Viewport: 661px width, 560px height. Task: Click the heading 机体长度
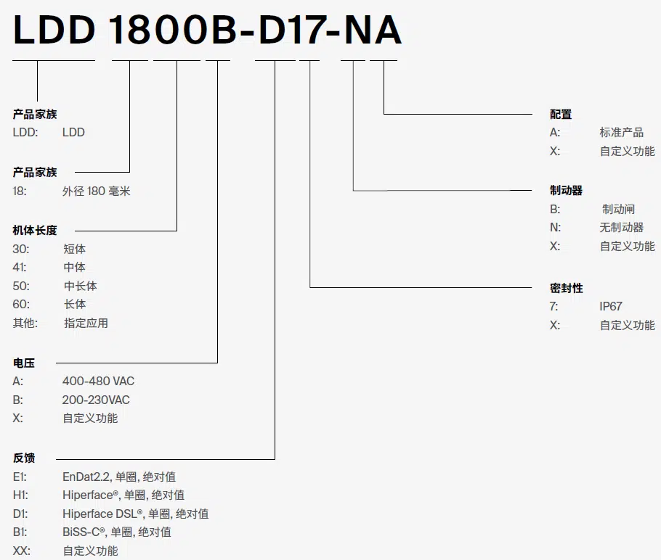click(35, 231)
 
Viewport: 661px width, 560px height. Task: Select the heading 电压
click(23, 363)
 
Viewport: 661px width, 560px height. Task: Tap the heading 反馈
click(23, 458)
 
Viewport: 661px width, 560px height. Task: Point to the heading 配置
click(561, 114)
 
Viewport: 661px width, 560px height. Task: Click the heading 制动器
click(566, 190)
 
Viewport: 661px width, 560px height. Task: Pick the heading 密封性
click(566, 288)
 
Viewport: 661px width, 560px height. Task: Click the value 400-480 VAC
click(98, 381)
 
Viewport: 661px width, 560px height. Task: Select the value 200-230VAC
click(96, 400)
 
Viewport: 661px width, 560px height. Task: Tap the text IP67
click(611, 306)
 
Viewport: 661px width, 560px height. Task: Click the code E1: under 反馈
click(20, 477)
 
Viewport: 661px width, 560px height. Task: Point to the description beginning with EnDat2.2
click(119, 477)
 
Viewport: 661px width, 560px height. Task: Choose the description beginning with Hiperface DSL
click(135, 514)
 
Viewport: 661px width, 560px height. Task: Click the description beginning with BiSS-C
click(117, 532)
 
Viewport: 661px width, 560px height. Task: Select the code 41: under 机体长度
click(20, 267)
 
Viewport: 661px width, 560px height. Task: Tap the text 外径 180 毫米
click(96, 192)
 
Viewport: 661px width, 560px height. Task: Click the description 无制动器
click(621, 227)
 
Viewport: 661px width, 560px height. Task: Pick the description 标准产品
click(621, 132)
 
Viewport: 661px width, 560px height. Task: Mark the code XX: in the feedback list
click(22, 551)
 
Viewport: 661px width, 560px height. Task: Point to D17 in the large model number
click(291, 30)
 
